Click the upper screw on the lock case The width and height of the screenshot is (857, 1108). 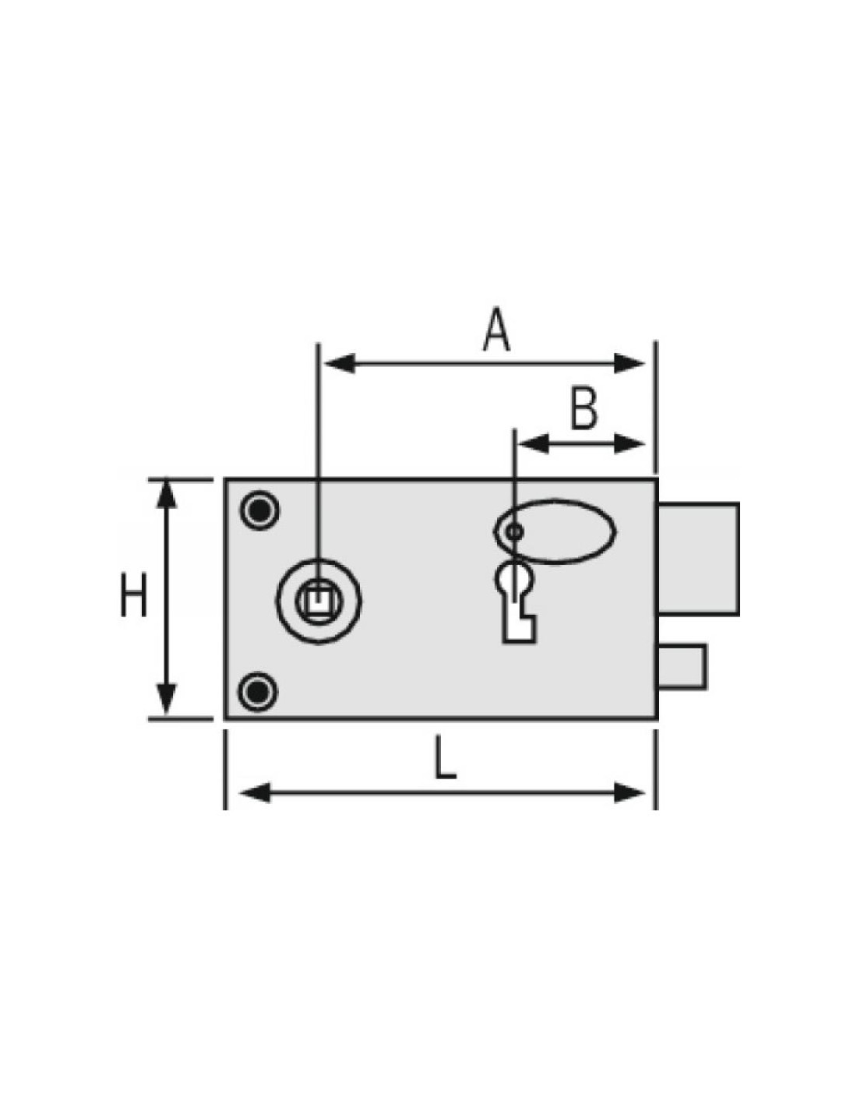point(259,510)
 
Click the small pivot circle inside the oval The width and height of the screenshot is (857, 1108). point(514,532)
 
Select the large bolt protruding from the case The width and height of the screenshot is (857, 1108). point(697,558)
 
